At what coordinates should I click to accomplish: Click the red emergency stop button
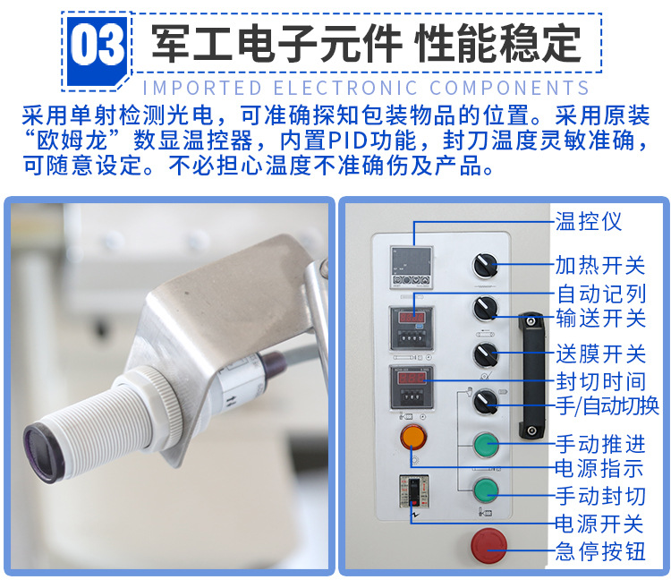(489, 546)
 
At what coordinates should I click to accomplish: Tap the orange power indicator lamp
(413, 437)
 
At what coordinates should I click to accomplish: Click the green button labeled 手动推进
(486, 445)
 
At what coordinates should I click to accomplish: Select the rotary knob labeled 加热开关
(485, 265)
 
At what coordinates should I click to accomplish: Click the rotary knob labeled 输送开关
(486, 308)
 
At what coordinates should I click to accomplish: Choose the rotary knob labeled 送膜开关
(486, 354)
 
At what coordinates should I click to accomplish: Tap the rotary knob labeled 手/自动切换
(486, 401)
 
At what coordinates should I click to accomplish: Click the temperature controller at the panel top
(412, 268)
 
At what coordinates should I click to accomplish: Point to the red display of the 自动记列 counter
(412, 318)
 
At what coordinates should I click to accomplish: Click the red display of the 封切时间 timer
(412, 379)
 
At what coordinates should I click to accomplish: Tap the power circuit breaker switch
(414, 491)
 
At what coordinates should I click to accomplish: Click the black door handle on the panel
(531, 376)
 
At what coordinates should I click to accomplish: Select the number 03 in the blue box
(98, 45)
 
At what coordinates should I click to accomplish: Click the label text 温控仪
(589, 222)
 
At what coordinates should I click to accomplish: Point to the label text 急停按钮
(600, 551)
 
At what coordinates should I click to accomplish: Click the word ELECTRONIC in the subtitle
(345, 89)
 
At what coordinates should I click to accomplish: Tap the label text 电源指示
(599, 468)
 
